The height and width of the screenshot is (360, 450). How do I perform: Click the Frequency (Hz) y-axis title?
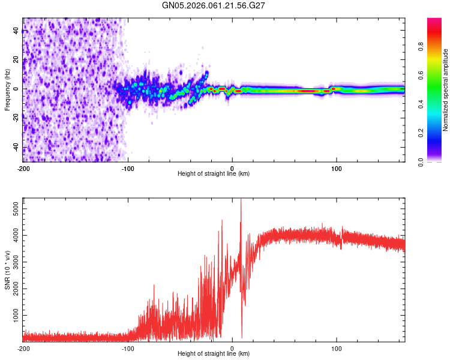[x=7, y=89]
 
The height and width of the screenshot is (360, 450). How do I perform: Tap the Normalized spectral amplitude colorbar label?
[x=446, y=90]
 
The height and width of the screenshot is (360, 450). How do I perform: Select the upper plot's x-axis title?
[x=214, y=174]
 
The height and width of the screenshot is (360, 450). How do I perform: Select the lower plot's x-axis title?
[x=214, y=354]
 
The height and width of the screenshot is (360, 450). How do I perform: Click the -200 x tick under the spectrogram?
[x=23, y=168]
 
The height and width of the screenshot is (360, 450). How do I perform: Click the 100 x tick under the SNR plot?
[x=337, y=348]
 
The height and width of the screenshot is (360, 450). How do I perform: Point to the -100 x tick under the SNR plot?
[x=128, y=348]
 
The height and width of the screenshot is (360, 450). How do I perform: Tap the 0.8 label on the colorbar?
[x=439, y=46]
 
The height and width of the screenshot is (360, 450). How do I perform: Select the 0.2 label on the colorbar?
[x=439, y=133]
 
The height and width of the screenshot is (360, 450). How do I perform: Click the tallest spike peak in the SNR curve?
[x=241, y=200]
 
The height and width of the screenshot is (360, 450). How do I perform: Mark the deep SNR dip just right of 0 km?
[x=242, y=337]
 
